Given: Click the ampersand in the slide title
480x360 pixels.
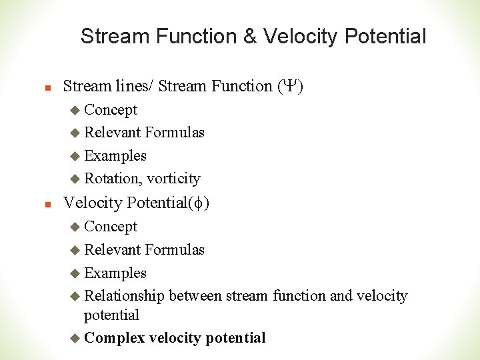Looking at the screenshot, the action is point(249,37).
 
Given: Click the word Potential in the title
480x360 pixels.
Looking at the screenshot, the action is point(385,37).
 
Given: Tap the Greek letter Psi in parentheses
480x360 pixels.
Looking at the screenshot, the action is point(289,86).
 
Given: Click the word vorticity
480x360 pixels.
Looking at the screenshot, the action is point(173,179).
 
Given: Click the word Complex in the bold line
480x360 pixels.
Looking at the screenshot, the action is point(115,338).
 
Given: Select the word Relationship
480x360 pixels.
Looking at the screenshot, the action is point(125,296).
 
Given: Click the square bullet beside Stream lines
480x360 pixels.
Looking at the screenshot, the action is point(39,87).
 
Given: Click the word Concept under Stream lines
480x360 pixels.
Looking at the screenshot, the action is point(111,110).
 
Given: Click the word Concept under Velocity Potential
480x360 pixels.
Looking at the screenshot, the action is point(111,227).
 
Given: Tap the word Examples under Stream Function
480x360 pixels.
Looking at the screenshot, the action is point(115,156).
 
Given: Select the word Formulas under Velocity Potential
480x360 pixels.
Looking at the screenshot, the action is point(175,250).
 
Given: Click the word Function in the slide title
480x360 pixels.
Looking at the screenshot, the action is point(199,37).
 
